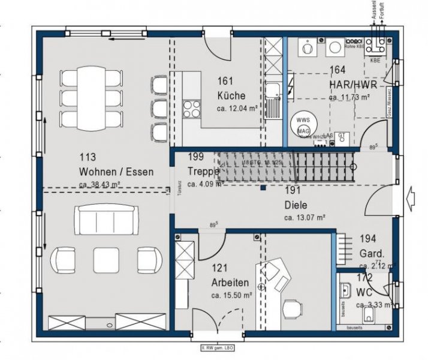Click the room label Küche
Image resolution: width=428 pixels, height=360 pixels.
(x=231, y=95)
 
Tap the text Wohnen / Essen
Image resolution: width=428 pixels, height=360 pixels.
(x=116, y=172)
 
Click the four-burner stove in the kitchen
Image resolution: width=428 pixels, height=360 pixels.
(x=191, y=109)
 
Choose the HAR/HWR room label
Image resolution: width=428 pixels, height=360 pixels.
(x=349, y=84)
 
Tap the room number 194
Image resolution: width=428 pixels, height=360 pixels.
(x=367, y=239)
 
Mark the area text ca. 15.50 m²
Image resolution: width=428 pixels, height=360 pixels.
(x=230, y=295)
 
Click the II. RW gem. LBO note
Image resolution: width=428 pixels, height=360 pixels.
(x=215, y=347)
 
